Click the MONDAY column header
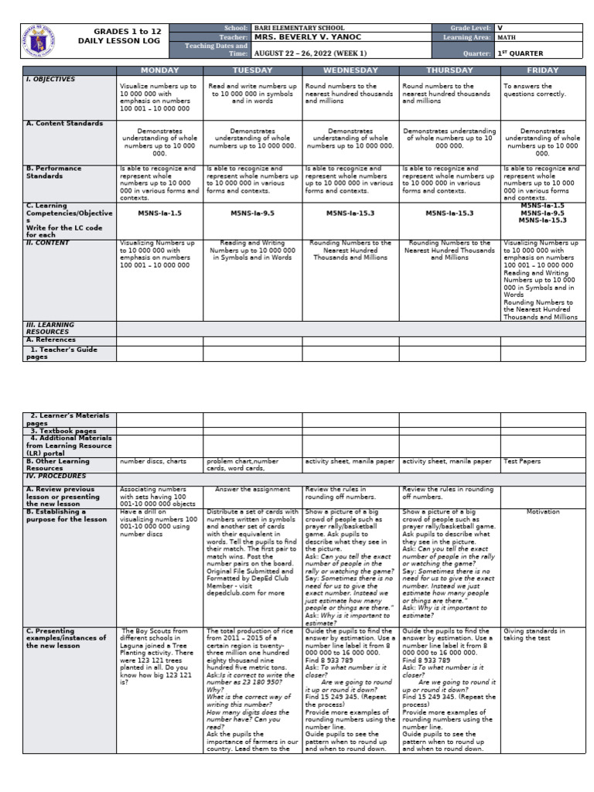pyautogui.click(x=159, y=70)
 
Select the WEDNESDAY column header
pyautogui.click(x=350, y=70)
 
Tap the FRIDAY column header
pyautogui.click(x=542, y=70)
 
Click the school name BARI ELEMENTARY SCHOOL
pyautogui.click(x=299, y=28)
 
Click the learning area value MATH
pyautogui.click(x=507, y=36)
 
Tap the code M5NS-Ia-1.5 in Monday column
pyautogui.click(x=159, y=212)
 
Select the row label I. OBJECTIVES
pyautogui.click(x=51, y=79)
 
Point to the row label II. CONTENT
pyautogui.click(x=48, y=243)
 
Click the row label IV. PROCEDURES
pyautogui.click(x=54, y=476)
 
